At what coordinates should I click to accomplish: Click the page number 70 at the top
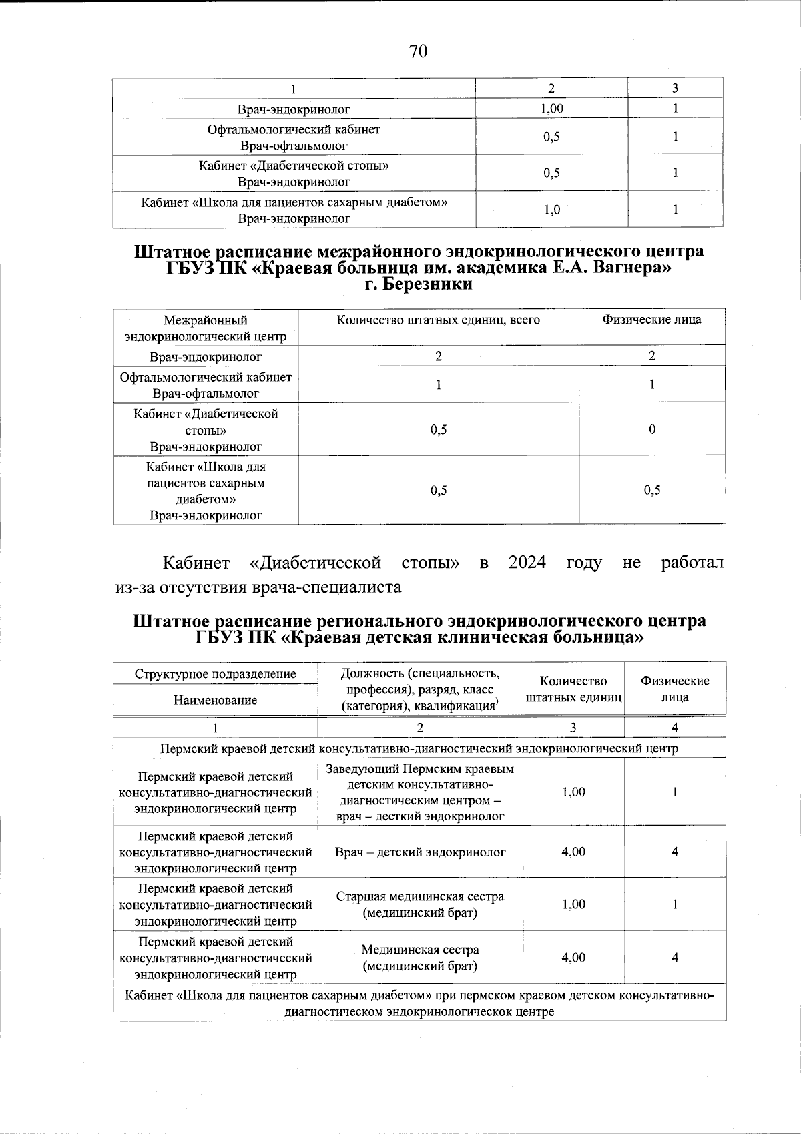click(418, 51)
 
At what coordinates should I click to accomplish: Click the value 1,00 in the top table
click(551, 109)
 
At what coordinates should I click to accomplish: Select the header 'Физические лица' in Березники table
click(651, 320)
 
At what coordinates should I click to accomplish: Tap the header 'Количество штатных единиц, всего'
click(438, 320)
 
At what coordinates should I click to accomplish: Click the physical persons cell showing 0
click(652, 429)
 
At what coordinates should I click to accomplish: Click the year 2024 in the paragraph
click(527, 562)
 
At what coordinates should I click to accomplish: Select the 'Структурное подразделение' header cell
click(215, 673)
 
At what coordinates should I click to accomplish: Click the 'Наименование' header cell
click(215, 700)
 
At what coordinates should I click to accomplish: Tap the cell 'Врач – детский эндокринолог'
click(420, 852)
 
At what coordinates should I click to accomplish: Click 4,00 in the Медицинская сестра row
click(573, 957)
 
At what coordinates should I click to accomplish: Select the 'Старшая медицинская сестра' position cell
click(420, 904)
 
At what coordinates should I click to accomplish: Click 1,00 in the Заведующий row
click(573, 792)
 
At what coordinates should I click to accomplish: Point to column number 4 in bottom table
click(675, 727)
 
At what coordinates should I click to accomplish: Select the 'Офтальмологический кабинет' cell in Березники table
click(206, 378)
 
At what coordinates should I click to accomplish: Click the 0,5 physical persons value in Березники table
click(652, 490)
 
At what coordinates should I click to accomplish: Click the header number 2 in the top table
click(551, 89)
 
